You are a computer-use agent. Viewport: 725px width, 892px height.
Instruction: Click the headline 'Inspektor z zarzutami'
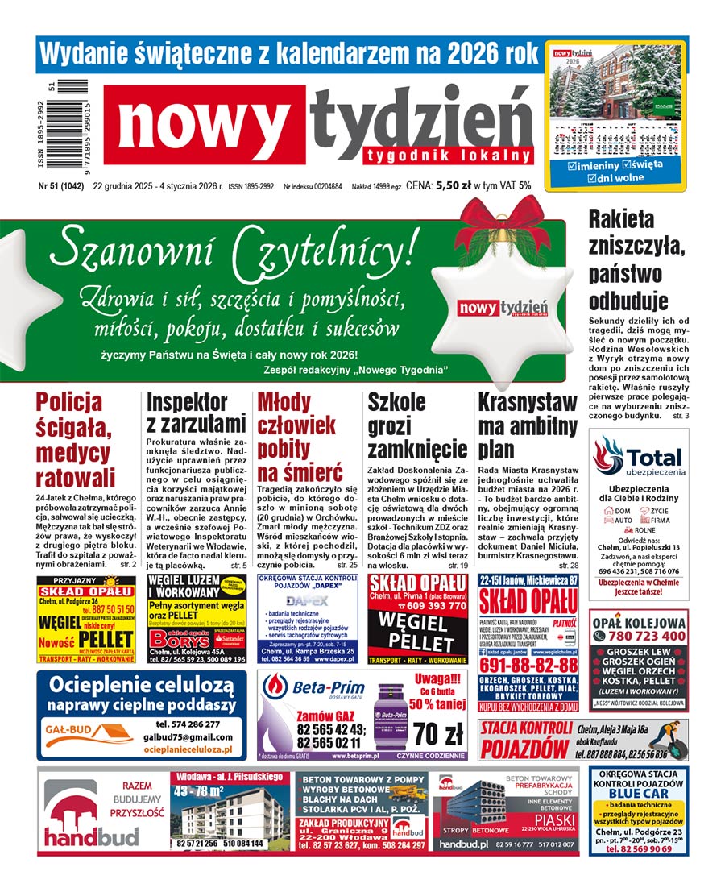[x=196, y=412]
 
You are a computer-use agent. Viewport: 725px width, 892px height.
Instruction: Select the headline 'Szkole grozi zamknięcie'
[x=416, y=425]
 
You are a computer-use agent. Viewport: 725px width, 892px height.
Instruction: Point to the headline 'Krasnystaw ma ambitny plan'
[x=527, y=425]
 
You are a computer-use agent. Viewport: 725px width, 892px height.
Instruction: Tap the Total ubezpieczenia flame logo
[x=609, y=455]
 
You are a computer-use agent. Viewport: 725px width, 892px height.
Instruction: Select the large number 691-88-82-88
[x=528, y=666]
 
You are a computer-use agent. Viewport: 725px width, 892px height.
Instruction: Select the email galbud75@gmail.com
[x=188, y=736]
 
